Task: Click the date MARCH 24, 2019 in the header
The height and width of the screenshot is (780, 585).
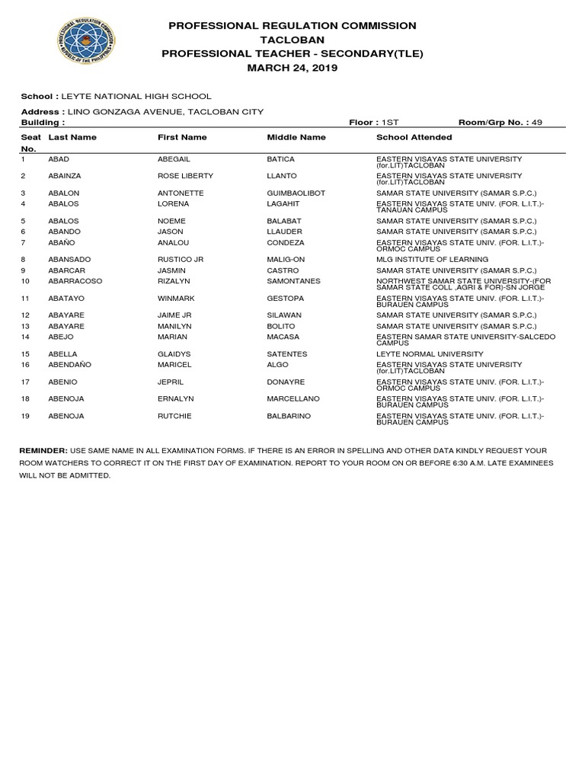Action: (x=292, y=68)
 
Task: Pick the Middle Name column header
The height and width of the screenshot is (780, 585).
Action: (x=296, y=137)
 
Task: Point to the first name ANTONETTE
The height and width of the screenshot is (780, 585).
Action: (x=181, y=193)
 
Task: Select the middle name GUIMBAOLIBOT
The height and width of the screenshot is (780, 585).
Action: (x=296, y=193)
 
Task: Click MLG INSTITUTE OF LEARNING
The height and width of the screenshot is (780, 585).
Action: (x=432, y=260)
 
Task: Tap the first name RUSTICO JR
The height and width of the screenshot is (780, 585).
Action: (x=181, y=260)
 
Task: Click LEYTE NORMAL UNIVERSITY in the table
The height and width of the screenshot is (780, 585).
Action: (x=430, y=354)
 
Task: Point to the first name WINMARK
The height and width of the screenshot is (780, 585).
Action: (x=177, y=299)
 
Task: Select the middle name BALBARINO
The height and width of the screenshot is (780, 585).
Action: (x=289, y=416)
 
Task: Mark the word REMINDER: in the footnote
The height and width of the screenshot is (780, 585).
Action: (x=43, y=451)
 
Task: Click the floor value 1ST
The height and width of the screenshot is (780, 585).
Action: (x=389, y=122)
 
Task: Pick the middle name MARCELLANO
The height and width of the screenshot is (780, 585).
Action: (x=293, y=398)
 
